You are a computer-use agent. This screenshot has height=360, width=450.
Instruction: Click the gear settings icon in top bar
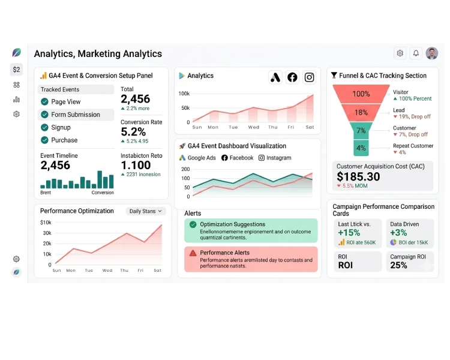(x=400, y=53)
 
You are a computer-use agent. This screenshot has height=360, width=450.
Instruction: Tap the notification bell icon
(x=416, y=53)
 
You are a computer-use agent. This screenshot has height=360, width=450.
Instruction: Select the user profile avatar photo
(x=432, y=53)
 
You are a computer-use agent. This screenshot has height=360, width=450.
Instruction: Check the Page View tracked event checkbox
(x=44, y=102)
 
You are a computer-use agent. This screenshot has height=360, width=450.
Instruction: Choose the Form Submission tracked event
(x=75, y=115)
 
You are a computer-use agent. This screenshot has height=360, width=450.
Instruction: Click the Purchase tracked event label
(x=64, y=140)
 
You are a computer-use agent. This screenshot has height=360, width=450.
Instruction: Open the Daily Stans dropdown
(x=146, y=211)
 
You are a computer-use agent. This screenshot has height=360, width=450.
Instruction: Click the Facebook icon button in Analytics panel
(x=292, y=77)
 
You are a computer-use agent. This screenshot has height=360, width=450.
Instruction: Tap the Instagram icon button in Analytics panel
(x=309, y=77)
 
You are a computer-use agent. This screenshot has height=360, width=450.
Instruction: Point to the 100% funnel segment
(x=361, y=94)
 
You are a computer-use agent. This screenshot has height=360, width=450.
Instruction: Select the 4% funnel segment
(x=361, y=148)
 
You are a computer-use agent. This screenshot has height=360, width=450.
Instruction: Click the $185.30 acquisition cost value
(x=358, y=177)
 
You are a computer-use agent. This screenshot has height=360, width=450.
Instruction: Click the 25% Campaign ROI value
(x=398, y=265)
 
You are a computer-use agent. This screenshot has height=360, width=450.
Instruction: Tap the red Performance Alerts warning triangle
(x=193, y=253)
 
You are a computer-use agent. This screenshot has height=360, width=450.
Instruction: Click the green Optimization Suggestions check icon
(x=193, y=224)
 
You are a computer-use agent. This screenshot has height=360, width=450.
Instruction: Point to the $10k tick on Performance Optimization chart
(x=46, y=223)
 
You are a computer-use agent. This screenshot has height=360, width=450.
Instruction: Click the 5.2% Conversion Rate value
(x=133, y=132)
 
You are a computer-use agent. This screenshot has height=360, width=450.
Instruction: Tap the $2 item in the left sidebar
(x=16, y=70)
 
